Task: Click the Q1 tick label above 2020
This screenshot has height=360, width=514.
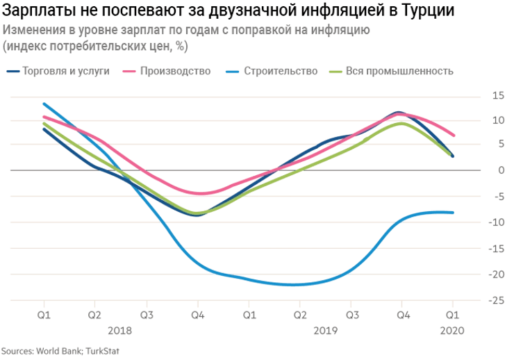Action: coord(453,315)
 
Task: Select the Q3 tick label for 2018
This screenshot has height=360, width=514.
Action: coord(147,315)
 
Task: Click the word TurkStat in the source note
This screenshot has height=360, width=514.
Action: coord(101,351)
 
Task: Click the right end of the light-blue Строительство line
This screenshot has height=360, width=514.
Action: coord(453,213)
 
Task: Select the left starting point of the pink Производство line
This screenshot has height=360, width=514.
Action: coord(44,117)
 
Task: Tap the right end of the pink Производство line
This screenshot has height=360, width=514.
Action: coord(454,135)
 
